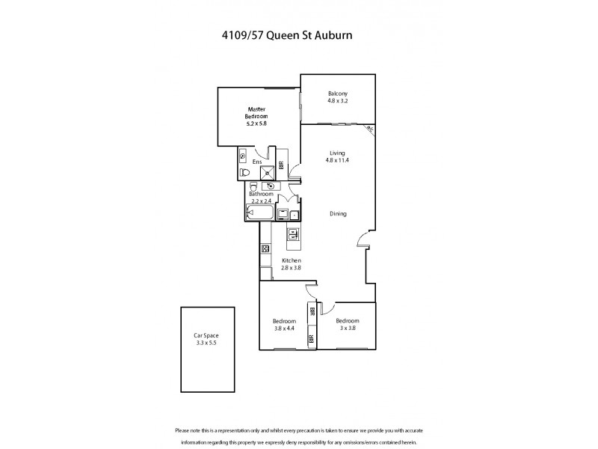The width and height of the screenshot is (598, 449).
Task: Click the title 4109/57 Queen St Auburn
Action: coord(299,34)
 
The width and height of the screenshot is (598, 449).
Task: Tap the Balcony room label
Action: coord(338,97)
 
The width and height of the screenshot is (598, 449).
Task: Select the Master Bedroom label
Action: coord(256,116)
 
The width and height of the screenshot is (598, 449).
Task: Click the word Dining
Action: coord(338,213)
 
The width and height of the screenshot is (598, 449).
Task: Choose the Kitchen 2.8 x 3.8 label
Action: coord(291,263)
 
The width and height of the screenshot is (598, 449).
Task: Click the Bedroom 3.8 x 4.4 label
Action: coord(284,325)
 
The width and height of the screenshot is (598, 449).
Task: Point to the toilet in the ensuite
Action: coord(246,172)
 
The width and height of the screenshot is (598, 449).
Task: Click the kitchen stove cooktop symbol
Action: coord(265,248)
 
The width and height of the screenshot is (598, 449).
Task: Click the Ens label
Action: coord(256,162)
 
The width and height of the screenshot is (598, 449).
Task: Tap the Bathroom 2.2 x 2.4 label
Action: coord(262,198)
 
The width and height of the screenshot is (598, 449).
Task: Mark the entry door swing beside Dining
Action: coord(362,239)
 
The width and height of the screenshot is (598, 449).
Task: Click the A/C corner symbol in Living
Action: coord(369,129)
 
